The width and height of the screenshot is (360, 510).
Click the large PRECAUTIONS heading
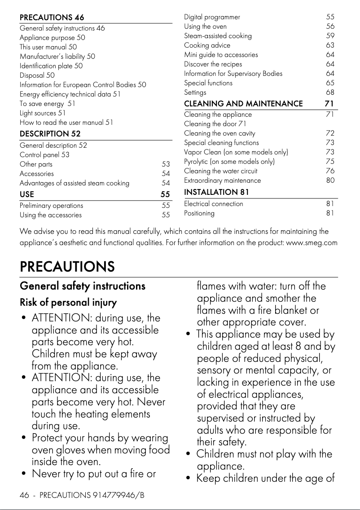click(x=67, y=267)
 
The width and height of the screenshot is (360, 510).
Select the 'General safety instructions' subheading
click(x=83, y=286)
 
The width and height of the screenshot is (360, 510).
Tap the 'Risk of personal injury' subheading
click(x=68, y=303)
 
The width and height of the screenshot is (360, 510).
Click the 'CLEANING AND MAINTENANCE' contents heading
click(x=243, y=104)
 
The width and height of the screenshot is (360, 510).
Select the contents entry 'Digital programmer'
click(x=212, y=17)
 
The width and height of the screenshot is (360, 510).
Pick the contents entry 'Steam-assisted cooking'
click(x=218, y=36)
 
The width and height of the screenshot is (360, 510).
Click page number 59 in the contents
click(x=330, y=36)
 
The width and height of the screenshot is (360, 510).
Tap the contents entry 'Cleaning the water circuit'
click(x=220, y=171)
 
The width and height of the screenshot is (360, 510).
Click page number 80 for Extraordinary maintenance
click(x=330, y=180)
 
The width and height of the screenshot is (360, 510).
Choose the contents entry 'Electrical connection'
click(x=214, y=204)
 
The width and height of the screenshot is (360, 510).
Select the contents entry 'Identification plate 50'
click(x=51, y=66)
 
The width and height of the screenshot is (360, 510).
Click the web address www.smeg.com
click(x=312, y=243)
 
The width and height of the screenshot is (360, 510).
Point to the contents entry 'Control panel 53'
click(x=44, y=155)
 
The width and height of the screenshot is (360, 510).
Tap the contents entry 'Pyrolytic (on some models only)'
click(x=229, y=162)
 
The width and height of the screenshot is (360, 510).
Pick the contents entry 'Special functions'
click(x=208, y=83)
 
